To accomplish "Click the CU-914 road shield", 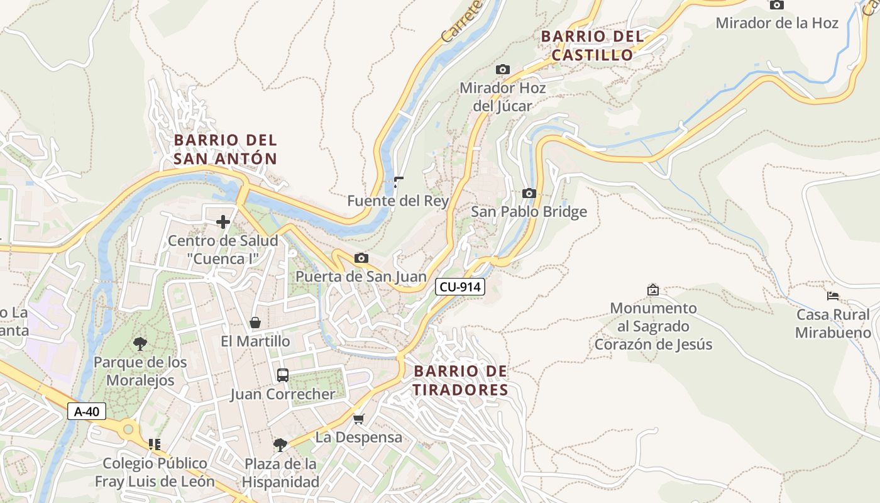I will [x=460, y=287].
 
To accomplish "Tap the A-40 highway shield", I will [x=87, y=412].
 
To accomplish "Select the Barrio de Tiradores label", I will [x=460, y=381].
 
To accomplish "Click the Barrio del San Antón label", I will [x=225, y=149].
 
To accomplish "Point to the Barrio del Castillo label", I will [x=592, y=46].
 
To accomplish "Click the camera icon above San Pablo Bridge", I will [x=529, y=193].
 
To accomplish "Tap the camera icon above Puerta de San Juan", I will [x=361, y=258].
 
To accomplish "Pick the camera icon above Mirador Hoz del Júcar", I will [x=502, y=69].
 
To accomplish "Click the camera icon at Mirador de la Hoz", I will [x=777, y=5].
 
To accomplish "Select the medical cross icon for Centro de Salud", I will [x=223, y=222].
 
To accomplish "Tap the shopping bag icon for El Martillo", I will [x=255, y=323].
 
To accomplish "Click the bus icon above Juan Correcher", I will [x=283, y=375].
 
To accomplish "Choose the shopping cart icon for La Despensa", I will [x=358, y=418].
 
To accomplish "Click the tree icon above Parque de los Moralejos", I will [x=140, y=343].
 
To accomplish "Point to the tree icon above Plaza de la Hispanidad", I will [x=280, y=445].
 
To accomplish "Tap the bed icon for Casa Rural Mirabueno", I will [x=833, y=296].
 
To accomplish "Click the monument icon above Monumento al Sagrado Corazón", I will [x=653, y=290].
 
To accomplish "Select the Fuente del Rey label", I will [x=398, y=201].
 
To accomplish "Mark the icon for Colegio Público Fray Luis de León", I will [x=155, y=445].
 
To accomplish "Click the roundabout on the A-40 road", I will [x=129, y=430].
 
